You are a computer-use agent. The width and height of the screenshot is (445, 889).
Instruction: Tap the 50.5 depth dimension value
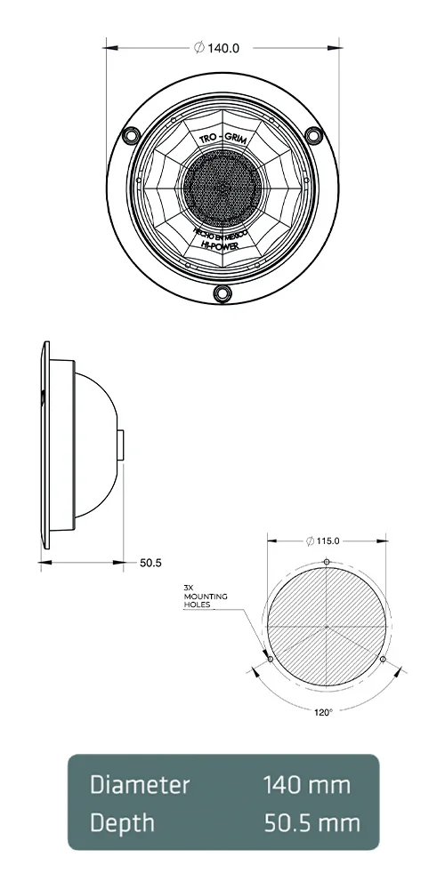point(151,563)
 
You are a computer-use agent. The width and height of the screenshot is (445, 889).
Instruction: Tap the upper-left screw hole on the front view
point(131,134)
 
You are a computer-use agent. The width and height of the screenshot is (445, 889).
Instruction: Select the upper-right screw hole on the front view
point(313,134)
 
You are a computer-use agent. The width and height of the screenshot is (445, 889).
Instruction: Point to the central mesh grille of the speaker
point(222,188)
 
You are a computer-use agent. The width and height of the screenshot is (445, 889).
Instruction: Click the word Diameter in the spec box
point(139,785)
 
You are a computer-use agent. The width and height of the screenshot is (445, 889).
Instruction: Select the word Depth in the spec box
point(122,822)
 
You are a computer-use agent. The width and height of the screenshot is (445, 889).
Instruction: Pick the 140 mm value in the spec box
point(306,785)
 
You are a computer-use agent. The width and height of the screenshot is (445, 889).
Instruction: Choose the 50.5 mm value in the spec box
point(311,822)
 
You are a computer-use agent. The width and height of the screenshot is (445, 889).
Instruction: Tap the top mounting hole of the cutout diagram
point(328,562)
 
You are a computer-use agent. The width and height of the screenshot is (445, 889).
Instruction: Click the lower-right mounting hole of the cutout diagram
point(383,660)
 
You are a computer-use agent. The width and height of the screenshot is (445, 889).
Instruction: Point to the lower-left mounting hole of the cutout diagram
point(271,659)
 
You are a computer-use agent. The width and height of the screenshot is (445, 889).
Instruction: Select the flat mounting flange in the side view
point(44,444)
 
